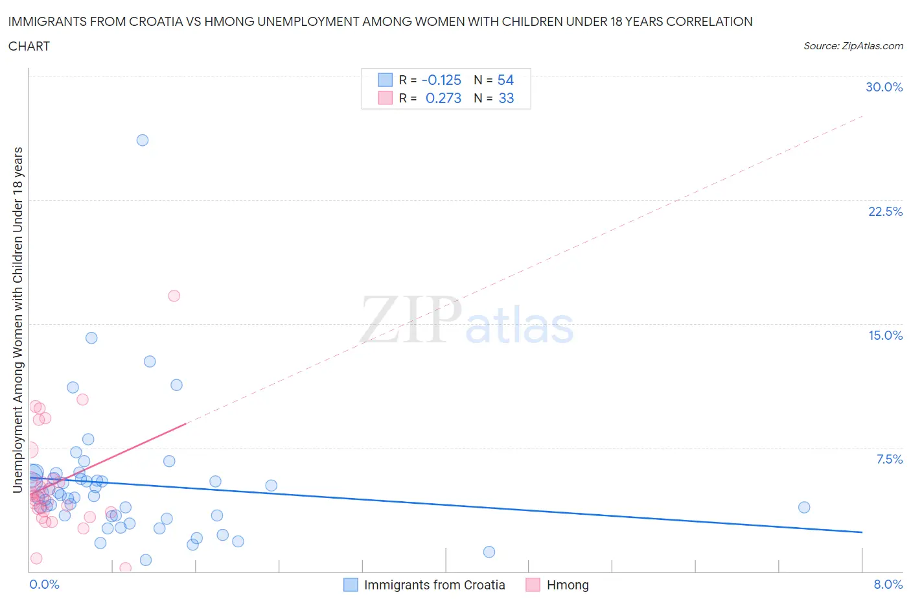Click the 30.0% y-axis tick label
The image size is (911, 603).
pyautogui.click(x=884, y=87)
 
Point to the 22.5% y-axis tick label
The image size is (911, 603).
pyautogui.click(x=885, y=211)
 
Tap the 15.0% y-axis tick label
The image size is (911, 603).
pyautogui.click(x=885, y=335)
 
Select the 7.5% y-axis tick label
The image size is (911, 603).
pyautogui.click(x=889, y=459)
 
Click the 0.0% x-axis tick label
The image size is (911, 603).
pyautogui.click(x=44, y=584)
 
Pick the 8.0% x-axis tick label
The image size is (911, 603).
pyautogui.click(x=888, y=584)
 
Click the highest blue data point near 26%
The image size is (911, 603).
pyautogui.click(x=143, y=140)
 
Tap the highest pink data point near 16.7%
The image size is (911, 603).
pyautogui.click(x=174, y=296)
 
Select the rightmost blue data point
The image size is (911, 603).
pyautogui.click(x=804, y=507)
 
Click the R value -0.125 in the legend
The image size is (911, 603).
pyautogui.click(x=441, y=80)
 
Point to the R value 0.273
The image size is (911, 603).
pyautogui.click(x=443, y=98)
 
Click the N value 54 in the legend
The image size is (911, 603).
pyautogui.click(x=505, y=80)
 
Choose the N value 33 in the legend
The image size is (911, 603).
pyautogui.click(x=506, y=98)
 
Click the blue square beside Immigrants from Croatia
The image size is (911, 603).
pyautogui.click(x=351, y=585)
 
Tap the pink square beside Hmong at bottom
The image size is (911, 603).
pyautogui.click(x=533, y=585)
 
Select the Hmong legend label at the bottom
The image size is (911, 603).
pyautogui.click(x=568, y=585)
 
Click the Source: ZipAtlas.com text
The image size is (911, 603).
pyautogui.click(x=853, y=45)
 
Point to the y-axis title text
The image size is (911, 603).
pyautogui.click(x=18, y=320)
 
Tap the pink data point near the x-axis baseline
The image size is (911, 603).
pyautogui.click(x=126, y=568)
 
